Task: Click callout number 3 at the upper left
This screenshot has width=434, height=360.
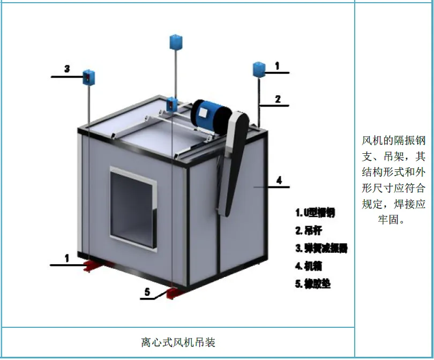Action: (x=67, y=69)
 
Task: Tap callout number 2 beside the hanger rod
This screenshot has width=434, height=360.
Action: (x=278, y=99)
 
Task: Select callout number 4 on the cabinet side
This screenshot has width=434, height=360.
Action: (x=279, y=180)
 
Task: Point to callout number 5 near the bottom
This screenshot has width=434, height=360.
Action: (x=147, y=292)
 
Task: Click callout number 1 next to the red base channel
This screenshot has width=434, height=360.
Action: (x=67, y=258)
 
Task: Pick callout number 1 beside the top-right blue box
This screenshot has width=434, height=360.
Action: (x=277, y=66)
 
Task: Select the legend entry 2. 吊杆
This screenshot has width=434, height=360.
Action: (x=308, y=230)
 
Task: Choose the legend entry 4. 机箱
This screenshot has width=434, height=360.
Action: (x=309, y=266)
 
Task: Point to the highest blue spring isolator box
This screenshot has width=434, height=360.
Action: (x=176, y=41)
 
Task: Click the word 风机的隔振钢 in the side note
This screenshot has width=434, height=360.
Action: (x=393, y=141)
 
